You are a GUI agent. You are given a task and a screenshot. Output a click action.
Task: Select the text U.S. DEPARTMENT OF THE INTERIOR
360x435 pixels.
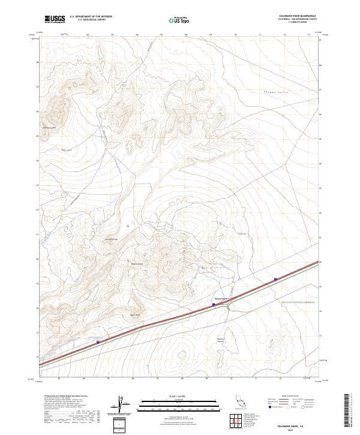pos(91,17)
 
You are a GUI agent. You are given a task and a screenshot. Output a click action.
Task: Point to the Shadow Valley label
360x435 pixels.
pos(277,92)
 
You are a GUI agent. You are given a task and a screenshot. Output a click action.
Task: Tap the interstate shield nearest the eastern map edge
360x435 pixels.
pos(275,279)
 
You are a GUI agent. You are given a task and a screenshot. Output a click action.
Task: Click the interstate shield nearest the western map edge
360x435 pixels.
pos(98,342)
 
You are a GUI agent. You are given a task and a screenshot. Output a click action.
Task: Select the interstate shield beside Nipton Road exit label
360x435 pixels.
pos(214,304)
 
